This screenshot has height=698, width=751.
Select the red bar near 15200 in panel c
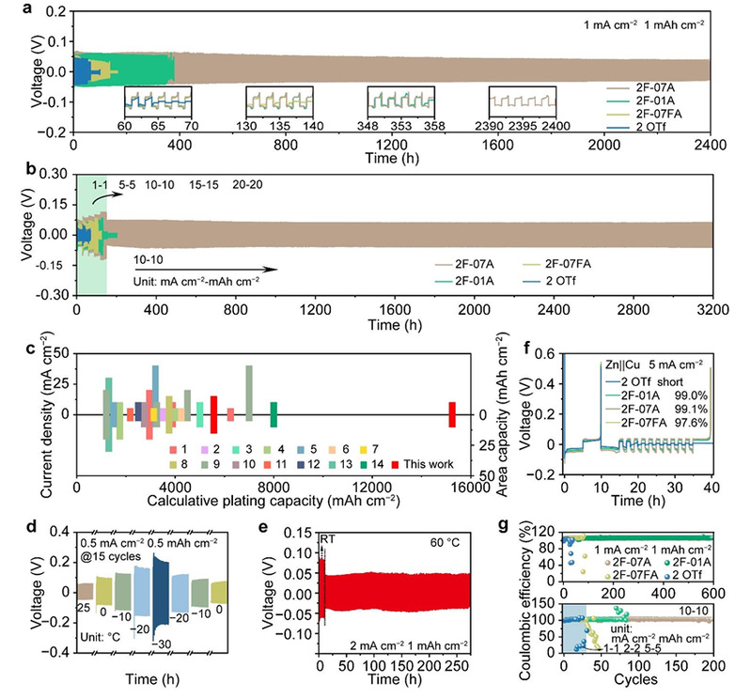pos(451,414)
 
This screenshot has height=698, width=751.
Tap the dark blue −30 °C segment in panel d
pos(161,591)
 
